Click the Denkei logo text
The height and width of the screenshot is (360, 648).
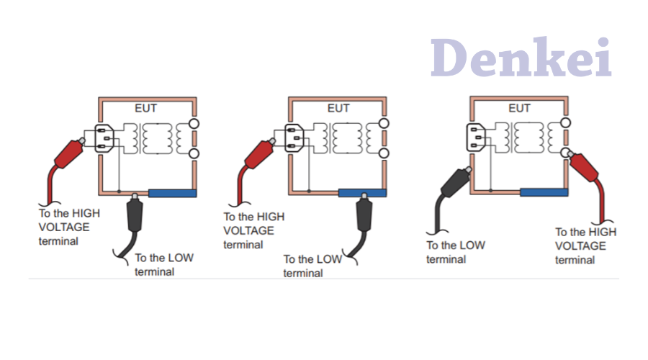click(521, 57)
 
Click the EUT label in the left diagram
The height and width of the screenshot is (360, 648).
click(145, 108)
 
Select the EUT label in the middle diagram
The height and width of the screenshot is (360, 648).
click(338, 108)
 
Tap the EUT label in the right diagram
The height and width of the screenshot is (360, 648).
click(519, 108)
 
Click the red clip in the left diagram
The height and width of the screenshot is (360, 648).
click(69, 153)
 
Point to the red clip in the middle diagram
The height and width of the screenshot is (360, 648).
click(259, 153)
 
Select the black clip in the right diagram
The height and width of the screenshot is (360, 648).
click(456, 182)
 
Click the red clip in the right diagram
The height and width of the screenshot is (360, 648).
click(584, 166)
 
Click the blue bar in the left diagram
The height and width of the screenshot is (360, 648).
click(172, 193)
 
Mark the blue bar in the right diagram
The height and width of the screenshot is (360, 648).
click(544, 192)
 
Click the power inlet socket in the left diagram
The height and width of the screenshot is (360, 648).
click(104, 138)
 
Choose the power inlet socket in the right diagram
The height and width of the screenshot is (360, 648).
click(476, 138)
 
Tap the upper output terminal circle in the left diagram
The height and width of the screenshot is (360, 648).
click(194, 123)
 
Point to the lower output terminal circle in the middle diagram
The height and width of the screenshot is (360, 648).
click(384, 153)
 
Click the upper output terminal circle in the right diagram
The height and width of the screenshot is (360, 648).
click(565, 122)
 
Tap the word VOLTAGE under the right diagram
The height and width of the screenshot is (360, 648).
click(580, 246)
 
